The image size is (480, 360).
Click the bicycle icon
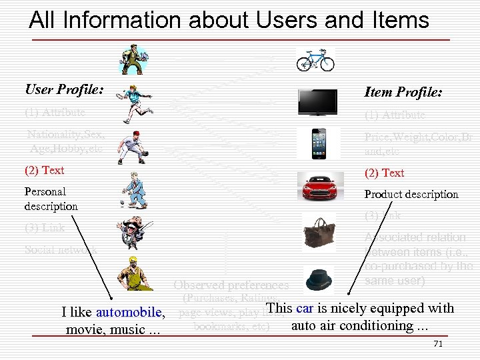pos(315,60)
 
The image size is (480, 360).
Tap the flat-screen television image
pos(318,102)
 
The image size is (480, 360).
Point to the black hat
pos(318,277)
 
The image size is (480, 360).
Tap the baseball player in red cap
pos(129,147)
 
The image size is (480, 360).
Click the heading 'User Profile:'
pos(64,89)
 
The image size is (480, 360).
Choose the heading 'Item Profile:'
pos(403,92)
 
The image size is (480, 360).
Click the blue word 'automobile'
pos(129,312)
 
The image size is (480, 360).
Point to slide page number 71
pos(438,343)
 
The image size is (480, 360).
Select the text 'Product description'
pos(411,194)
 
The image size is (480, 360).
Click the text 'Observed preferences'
pos(231,285)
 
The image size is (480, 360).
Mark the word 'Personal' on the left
pos(45,191)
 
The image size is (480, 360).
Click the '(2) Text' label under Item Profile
pos(384,173)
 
